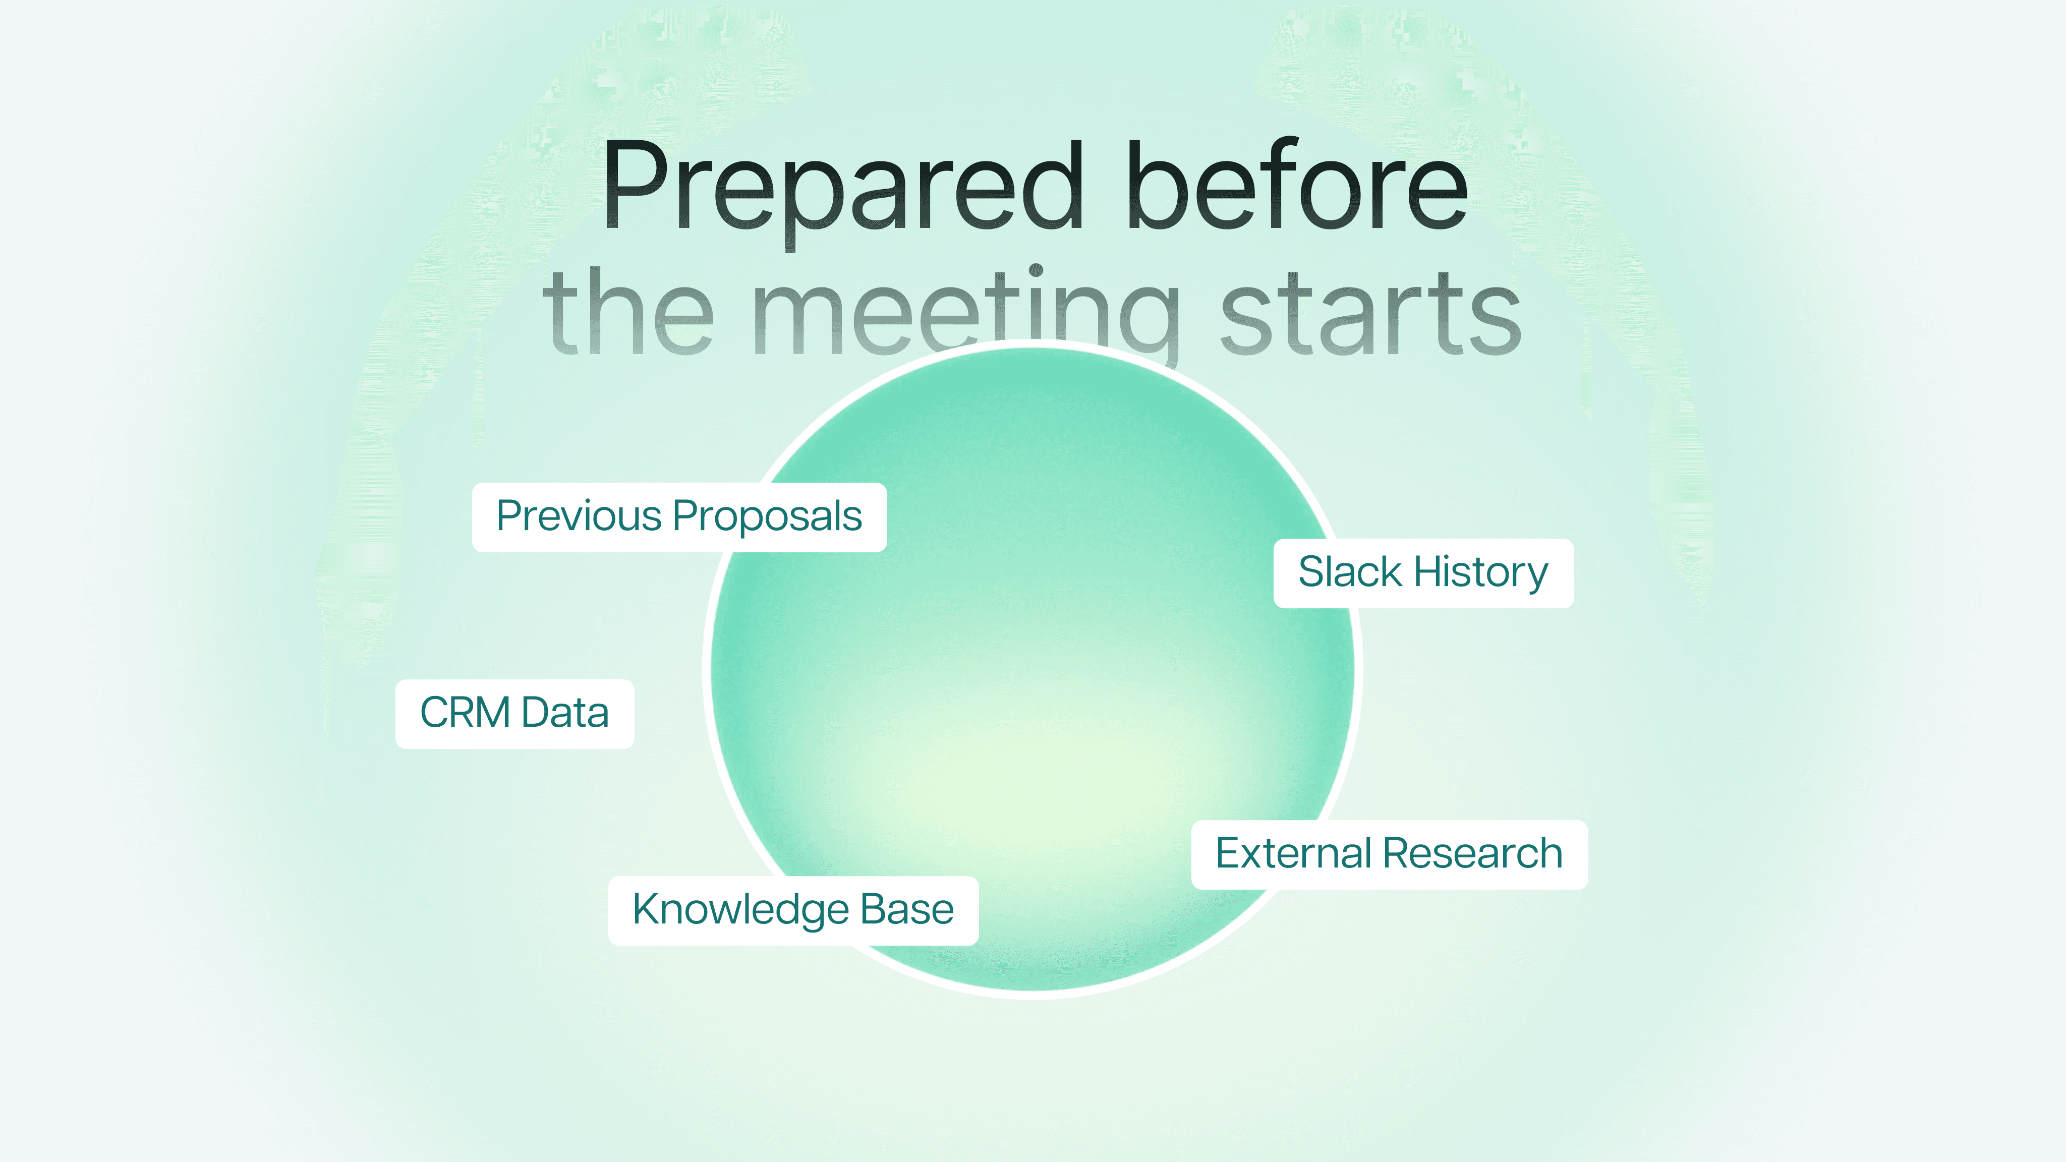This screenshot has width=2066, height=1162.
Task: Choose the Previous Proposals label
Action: pyautogui.click(x=679, y=517)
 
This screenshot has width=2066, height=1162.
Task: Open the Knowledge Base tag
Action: pyautogui.click(x=793, y=911)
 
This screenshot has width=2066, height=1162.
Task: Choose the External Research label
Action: pyautogui.click(x=1389, y=854)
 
